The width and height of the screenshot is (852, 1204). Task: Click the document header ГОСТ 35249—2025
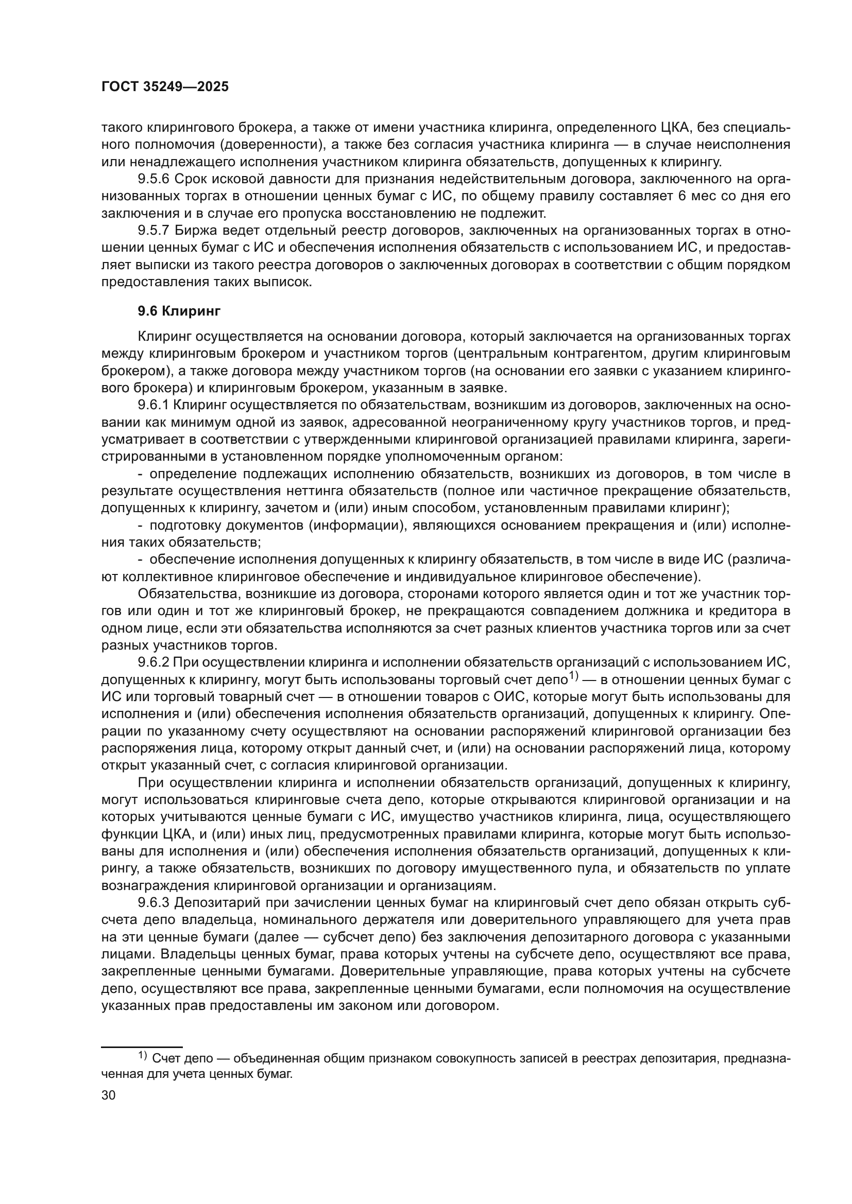click(165, 87)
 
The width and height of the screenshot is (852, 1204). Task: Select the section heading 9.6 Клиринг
click(179, 311)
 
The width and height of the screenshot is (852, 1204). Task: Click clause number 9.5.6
click(154, 179)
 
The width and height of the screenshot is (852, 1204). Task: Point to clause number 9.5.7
click(154, 231)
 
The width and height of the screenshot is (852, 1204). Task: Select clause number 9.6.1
click(154, 405)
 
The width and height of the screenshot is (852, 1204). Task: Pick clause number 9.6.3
click(154, 903)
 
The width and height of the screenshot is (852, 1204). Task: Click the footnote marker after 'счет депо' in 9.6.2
click(573, 677)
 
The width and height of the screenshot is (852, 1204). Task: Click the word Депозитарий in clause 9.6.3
click(212, 903)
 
